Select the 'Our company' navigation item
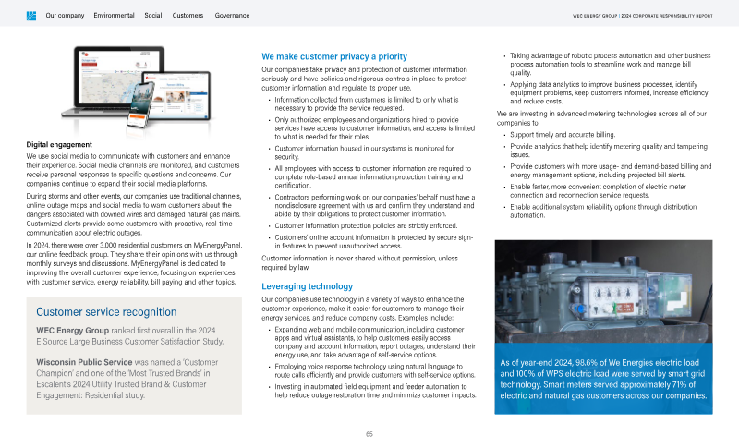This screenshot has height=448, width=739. [x=65, y=16]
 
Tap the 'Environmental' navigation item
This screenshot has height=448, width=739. [x=115, y=16]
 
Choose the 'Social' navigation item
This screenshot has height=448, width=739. [x=153, y=16]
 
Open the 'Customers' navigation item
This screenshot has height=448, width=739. [x=188, y=16]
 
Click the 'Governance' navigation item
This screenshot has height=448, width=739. [x=232, y=16]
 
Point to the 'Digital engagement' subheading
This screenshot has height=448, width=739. [x=57, y=144]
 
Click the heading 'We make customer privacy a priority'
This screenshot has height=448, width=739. [x=334, y=57]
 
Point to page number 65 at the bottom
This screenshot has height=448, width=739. [x=369, y=434]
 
